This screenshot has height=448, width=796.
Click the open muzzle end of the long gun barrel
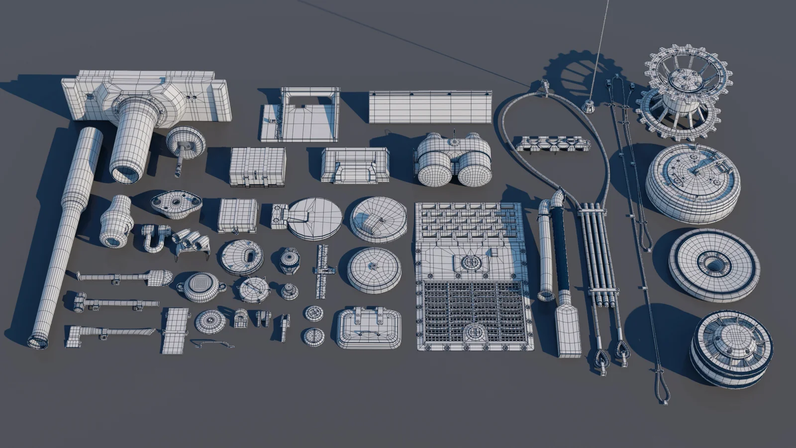click(x=38, y=341)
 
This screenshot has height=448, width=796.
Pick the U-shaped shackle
click(x=153, y=237)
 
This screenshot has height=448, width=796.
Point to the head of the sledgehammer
click(x=80, y=301)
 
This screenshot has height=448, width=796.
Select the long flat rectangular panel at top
click(x=430, y=107)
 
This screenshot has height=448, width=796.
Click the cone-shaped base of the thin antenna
click(x=589, y=106)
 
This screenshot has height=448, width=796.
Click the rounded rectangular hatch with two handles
click(x=369, y=328)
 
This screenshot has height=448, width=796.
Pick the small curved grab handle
click(x=212, y=343)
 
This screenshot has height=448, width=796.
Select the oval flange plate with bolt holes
click(x=176, y=204)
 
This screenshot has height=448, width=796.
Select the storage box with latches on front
click(x=257, y=167)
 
